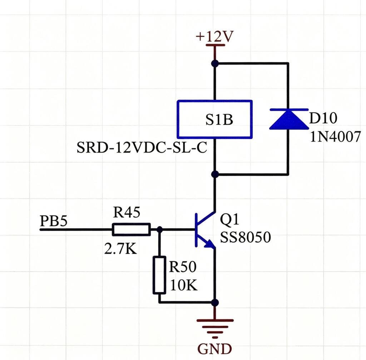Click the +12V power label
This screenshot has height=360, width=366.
tap(214, 36)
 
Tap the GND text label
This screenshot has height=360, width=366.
tap(215, 349)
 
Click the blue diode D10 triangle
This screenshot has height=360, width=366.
tap(289, 119)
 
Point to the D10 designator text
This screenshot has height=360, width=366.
tap(323, 118)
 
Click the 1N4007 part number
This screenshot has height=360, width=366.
tap(335, 136)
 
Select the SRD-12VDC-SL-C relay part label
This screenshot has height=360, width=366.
tap(142, 147)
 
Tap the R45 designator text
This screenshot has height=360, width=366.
tap(127, 212)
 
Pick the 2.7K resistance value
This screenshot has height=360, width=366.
tap(120, 249)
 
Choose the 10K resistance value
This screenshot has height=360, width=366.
tap(184, 285)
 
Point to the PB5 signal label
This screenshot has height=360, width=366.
tap(54, 221)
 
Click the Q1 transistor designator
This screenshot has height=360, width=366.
tap(230, 219)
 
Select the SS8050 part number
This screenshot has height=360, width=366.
tap(245, 237)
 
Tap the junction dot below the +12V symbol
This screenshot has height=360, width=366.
tap(215, 64)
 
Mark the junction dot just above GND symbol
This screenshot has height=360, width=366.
tap(215, 302)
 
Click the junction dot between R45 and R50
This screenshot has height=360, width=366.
tap(159, 230)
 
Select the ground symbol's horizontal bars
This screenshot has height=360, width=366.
tap(215, 329)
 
